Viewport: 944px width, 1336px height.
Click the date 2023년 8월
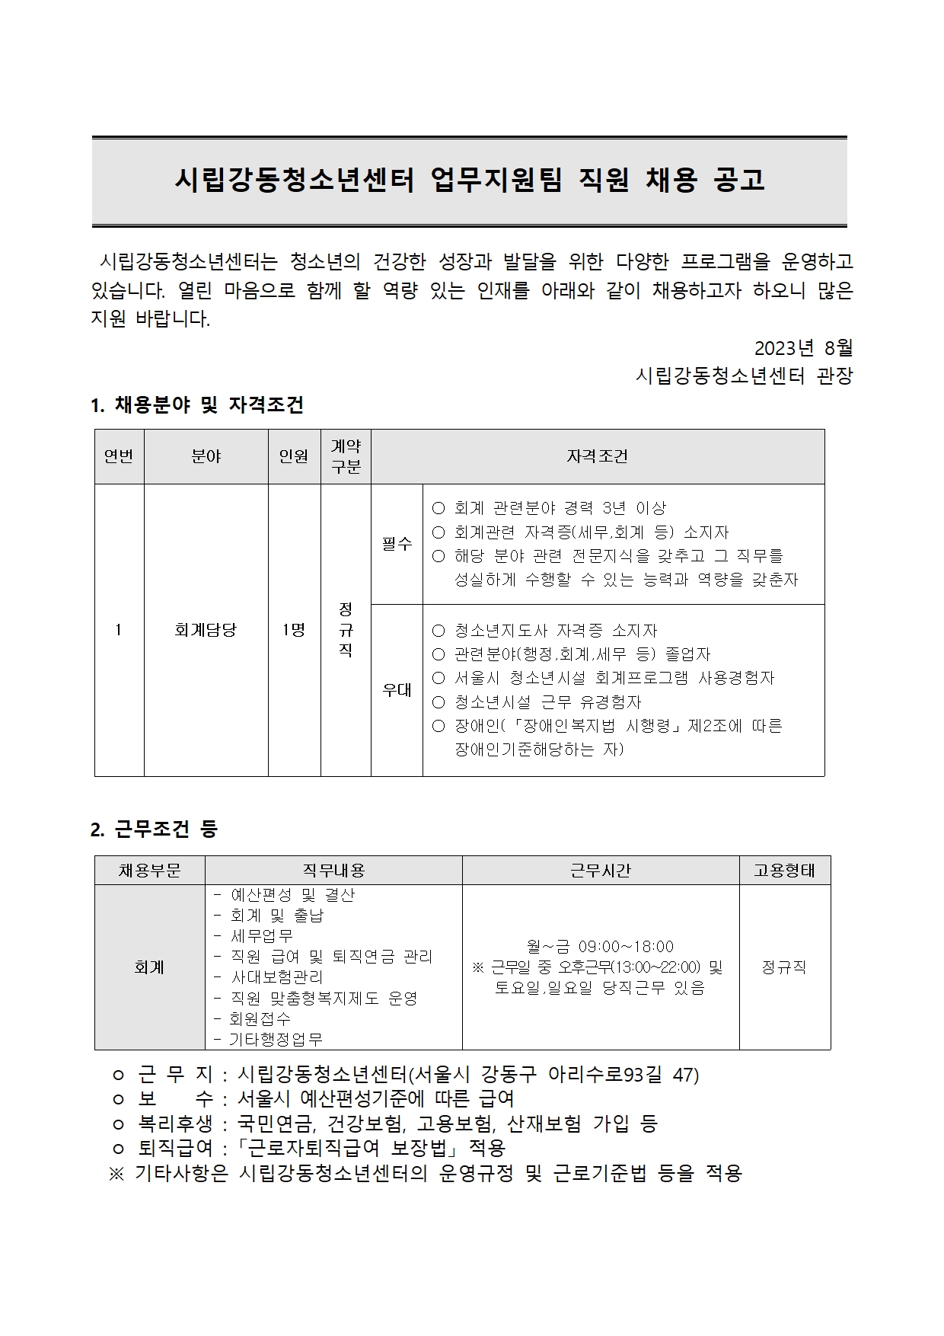point(803,348)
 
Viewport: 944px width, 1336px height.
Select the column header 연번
point(119,456)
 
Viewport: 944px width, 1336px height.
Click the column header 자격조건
point(597,456)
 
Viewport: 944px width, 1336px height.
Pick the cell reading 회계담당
point(206,630)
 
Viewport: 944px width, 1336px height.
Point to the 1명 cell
point(294,630)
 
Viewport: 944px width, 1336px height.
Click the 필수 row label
point(397,544)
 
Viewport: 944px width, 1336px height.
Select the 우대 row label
point(397,690)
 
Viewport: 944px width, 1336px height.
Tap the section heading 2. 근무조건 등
point(154,829)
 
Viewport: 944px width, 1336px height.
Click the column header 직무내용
point(333,871)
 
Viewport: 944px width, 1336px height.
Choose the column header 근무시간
point(601,871)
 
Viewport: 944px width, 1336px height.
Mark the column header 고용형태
point(784,871)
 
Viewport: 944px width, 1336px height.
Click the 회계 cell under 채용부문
point(149,967)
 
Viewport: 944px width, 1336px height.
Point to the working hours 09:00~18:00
point(626,947)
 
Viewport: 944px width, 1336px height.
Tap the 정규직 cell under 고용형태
point(784,967)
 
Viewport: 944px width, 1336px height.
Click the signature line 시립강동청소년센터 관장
point(744,376)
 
